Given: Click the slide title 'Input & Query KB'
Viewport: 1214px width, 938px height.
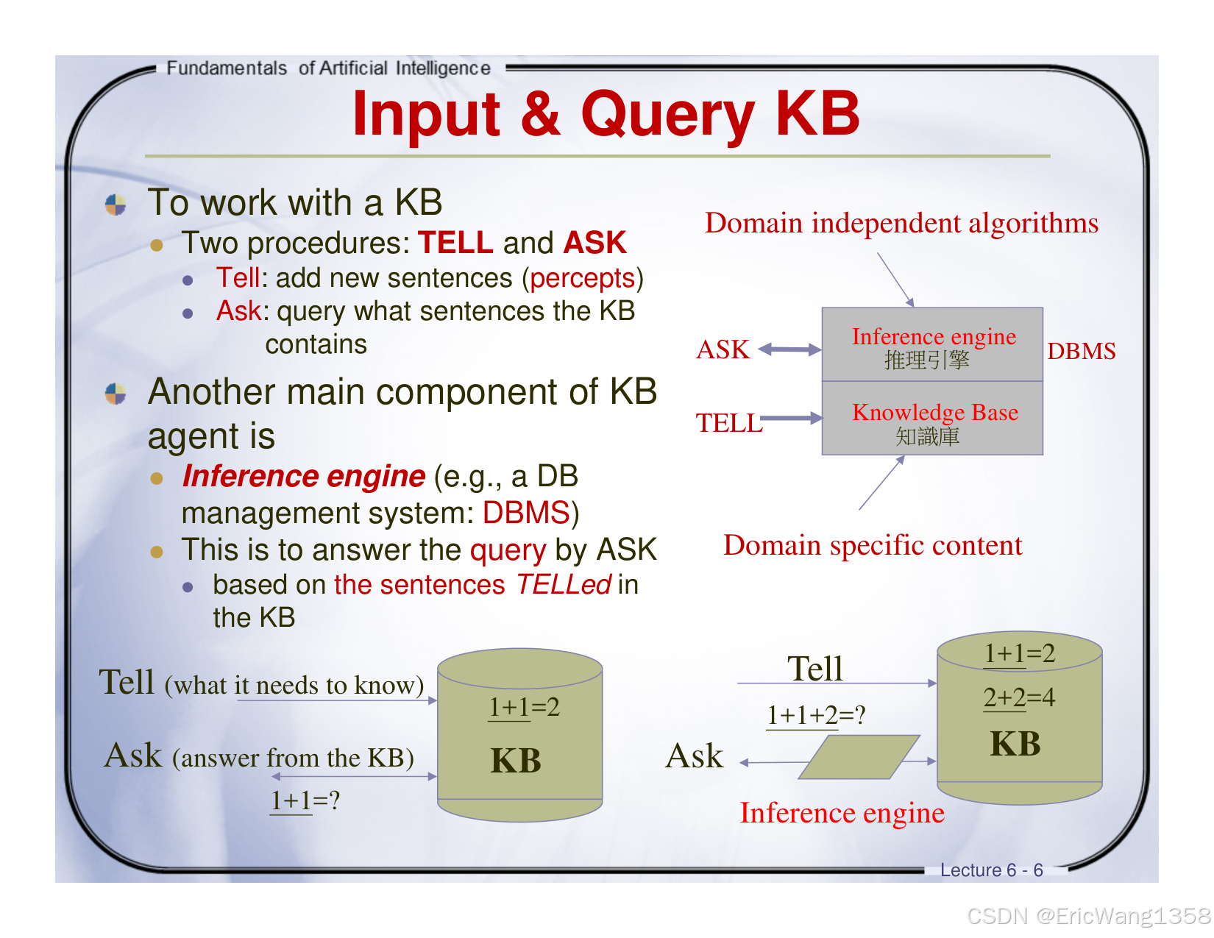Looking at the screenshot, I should tap(606, 114).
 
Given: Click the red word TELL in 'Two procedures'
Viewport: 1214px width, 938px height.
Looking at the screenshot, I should tap(455, 243).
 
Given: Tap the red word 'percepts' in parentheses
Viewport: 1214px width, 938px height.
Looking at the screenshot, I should tap(582, 278).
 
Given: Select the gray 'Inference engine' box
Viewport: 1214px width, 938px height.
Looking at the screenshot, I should tap(932, 344).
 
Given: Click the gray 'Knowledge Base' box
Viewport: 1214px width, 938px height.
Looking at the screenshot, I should tap(932, 419).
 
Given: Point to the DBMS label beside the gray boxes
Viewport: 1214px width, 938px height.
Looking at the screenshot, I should tap(1081, 351).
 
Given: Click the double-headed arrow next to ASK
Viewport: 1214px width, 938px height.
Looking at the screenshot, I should tap(789, 349).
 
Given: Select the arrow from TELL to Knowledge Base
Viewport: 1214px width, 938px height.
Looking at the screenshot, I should tap(792, 419).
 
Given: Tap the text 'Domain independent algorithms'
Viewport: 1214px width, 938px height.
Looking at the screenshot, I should tap(901, 223).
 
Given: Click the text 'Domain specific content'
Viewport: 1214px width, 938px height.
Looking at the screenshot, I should tap(873, 545).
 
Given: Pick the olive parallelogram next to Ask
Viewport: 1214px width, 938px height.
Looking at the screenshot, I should tap(859, 757).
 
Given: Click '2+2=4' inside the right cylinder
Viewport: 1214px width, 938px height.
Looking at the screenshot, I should tap(1019, 697).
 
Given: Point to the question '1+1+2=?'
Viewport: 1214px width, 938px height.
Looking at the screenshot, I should tap(816, 714).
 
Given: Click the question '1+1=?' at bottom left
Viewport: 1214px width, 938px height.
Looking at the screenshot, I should tap(305, 800).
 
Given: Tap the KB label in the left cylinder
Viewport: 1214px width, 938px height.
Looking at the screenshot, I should tap(516, 760).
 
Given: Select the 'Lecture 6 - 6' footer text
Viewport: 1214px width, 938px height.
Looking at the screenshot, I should tap(991, 870).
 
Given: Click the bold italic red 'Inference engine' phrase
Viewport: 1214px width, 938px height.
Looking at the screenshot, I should tap(303, 477).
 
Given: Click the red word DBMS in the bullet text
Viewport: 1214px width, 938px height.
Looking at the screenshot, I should tap(526, 513).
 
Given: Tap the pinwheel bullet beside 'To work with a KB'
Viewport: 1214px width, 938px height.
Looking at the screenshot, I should tap(116, 205).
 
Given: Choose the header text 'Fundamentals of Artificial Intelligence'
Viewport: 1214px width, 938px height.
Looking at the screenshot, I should tap(328, 68).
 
